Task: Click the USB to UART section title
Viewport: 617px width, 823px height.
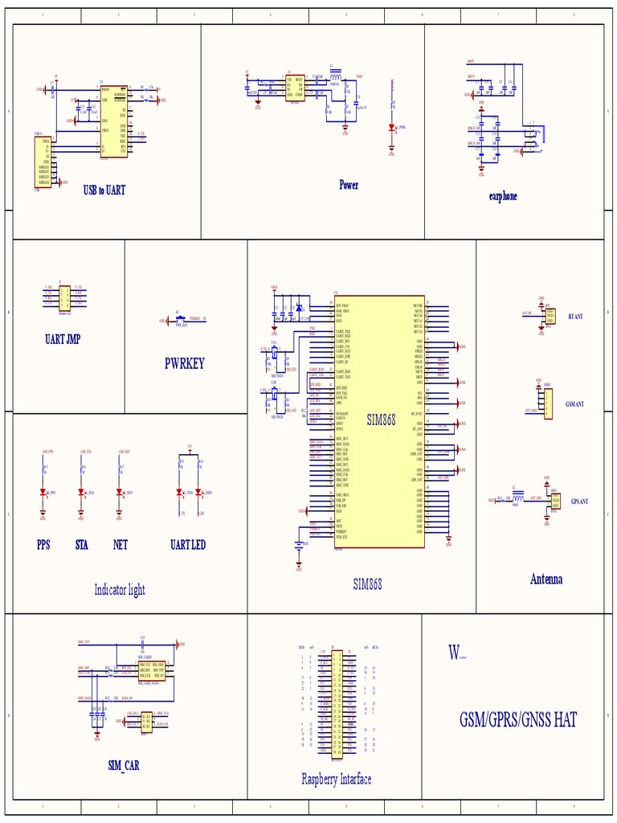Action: (104, 190)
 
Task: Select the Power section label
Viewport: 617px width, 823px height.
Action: (349, 185)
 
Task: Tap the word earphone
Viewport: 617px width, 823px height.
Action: (503, 196)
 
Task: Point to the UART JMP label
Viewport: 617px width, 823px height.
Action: (63, 339)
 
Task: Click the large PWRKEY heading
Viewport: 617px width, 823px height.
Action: (185, 363)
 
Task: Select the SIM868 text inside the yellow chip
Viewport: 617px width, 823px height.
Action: (382, 420)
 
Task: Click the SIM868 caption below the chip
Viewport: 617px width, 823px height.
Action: (368, 584)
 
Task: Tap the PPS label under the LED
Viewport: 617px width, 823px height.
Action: (43, 545)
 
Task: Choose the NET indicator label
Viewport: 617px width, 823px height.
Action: (121, 545)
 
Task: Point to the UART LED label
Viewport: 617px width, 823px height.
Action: (188, 545)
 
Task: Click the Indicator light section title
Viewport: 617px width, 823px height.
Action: (120, 590)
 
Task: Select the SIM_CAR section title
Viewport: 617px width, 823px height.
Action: (124, 765)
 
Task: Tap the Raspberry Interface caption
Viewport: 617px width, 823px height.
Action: (337, 779)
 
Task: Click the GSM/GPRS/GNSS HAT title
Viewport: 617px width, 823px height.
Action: (518, 719)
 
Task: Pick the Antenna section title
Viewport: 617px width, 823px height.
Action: (546, 579)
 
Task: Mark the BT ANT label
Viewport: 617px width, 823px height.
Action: (575, 317)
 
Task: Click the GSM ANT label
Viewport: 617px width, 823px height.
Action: (574, 404)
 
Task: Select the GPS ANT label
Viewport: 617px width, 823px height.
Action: (579, 502)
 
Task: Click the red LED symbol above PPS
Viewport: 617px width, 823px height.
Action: (43, 493)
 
